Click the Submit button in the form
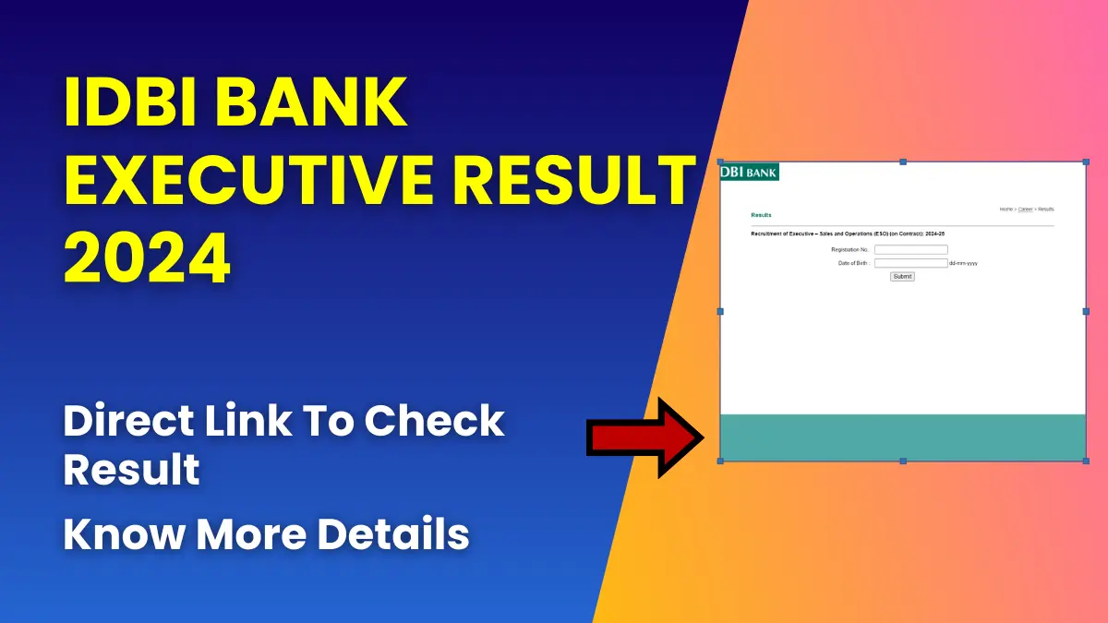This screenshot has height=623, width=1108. point(902,276)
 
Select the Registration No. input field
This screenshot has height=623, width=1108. point(910,249)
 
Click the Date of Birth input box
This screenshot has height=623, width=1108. point(910,263)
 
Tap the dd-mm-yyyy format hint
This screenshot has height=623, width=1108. point(963,264)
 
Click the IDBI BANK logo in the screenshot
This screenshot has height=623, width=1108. point(749,172)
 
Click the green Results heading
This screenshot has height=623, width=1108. point(761,215)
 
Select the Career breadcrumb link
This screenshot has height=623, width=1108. point(1025,210)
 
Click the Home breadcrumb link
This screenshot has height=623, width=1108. point(1006,210)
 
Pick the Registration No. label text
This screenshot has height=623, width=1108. point(849,250)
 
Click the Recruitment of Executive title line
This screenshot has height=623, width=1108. point(848,234)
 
